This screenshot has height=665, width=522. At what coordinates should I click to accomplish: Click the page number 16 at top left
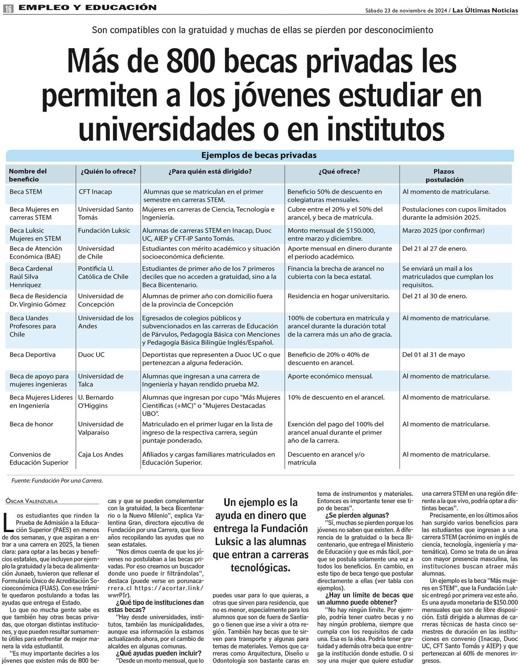[9, 8]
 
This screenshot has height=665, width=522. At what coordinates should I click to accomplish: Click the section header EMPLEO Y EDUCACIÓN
[89, 8]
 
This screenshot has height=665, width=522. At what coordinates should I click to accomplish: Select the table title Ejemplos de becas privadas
[259, 155]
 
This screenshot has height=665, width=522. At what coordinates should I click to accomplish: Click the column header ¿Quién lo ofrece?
[108, 171]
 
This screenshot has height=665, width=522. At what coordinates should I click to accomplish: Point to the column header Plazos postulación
[443, 176]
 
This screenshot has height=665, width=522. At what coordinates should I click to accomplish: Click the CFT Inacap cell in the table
[95, 192]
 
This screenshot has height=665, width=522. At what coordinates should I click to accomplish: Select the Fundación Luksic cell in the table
[104, 230]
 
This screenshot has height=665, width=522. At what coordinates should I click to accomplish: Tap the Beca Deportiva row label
[33, 355]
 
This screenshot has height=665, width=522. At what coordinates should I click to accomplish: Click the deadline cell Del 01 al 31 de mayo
[433, 355]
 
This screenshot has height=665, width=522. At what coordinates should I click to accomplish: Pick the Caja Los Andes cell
[101, 455]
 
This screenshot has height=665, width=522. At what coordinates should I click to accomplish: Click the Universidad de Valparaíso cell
[101, 428]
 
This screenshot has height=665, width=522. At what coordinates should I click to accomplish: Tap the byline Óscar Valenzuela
[32, 501]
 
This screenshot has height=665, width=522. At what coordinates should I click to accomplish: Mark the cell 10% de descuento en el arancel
[336, 397]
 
